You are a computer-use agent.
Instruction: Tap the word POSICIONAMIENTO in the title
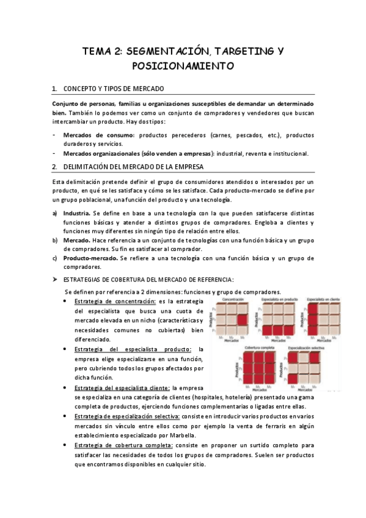click(x=183, y=65)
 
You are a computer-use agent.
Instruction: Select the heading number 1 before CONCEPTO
click(x=54, y=89)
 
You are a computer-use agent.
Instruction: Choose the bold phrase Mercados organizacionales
click(x=100, y=153)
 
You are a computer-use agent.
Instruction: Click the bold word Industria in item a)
click(x=77, y=213)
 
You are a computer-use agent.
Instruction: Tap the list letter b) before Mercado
click(x=55, y=241)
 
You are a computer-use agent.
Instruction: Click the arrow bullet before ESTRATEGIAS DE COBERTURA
click(x=55, y=279)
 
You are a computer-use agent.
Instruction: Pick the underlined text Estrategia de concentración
click(x=114, y=301)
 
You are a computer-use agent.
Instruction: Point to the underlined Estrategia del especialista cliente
click(x=122, y=388)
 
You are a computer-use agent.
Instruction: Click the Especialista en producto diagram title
click(x=279, y=300)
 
